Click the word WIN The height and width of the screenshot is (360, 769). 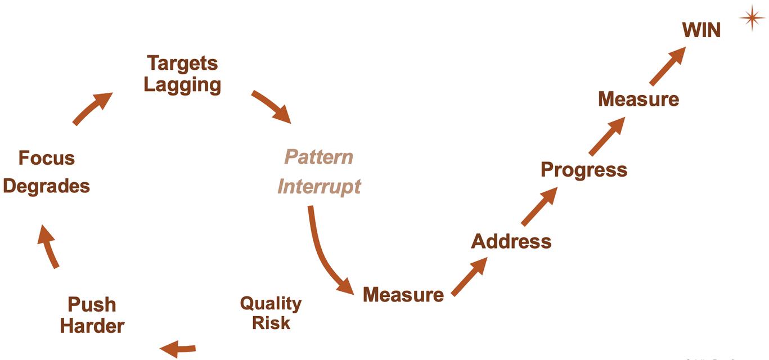tap(701, 30)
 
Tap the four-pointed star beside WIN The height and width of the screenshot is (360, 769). tap(752, 18)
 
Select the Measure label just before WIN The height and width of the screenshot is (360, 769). tap(638, 99)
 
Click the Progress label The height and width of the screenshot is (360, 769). tap(583, 169)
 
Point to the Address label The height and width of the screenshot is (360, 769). tap(511, 241)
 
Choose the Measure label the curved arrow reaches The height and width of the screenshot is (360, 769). tap(403, 294)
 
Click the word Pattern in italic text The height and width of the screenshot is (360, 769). tap(319, 156)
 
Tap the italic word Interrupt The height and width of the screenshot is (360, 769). tap(319, 186)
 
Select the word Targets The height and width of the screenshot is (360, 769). tap(182, 63)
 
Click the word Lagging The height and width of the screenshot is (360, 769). tap(182, 85)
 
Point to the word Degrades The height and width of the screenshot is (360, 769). tap(46, 186)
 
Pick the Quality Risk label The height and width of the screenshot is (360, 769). tap(271, 313)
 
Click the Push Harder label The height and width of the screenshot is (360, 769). tap(92, 315)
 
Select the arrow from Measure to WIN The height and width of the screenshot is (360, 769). tap(668, 66)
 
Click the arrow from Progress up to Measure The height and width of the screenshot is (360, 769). tap(607, 136)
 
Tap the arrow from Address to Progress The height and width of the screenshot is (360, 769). tap(539, 206)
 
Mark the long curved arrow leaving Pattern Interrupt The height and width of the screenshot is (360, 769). tap(324, 253)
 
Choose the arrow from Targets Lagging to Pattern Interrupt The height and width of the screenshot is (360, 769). tap(271, 106)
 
